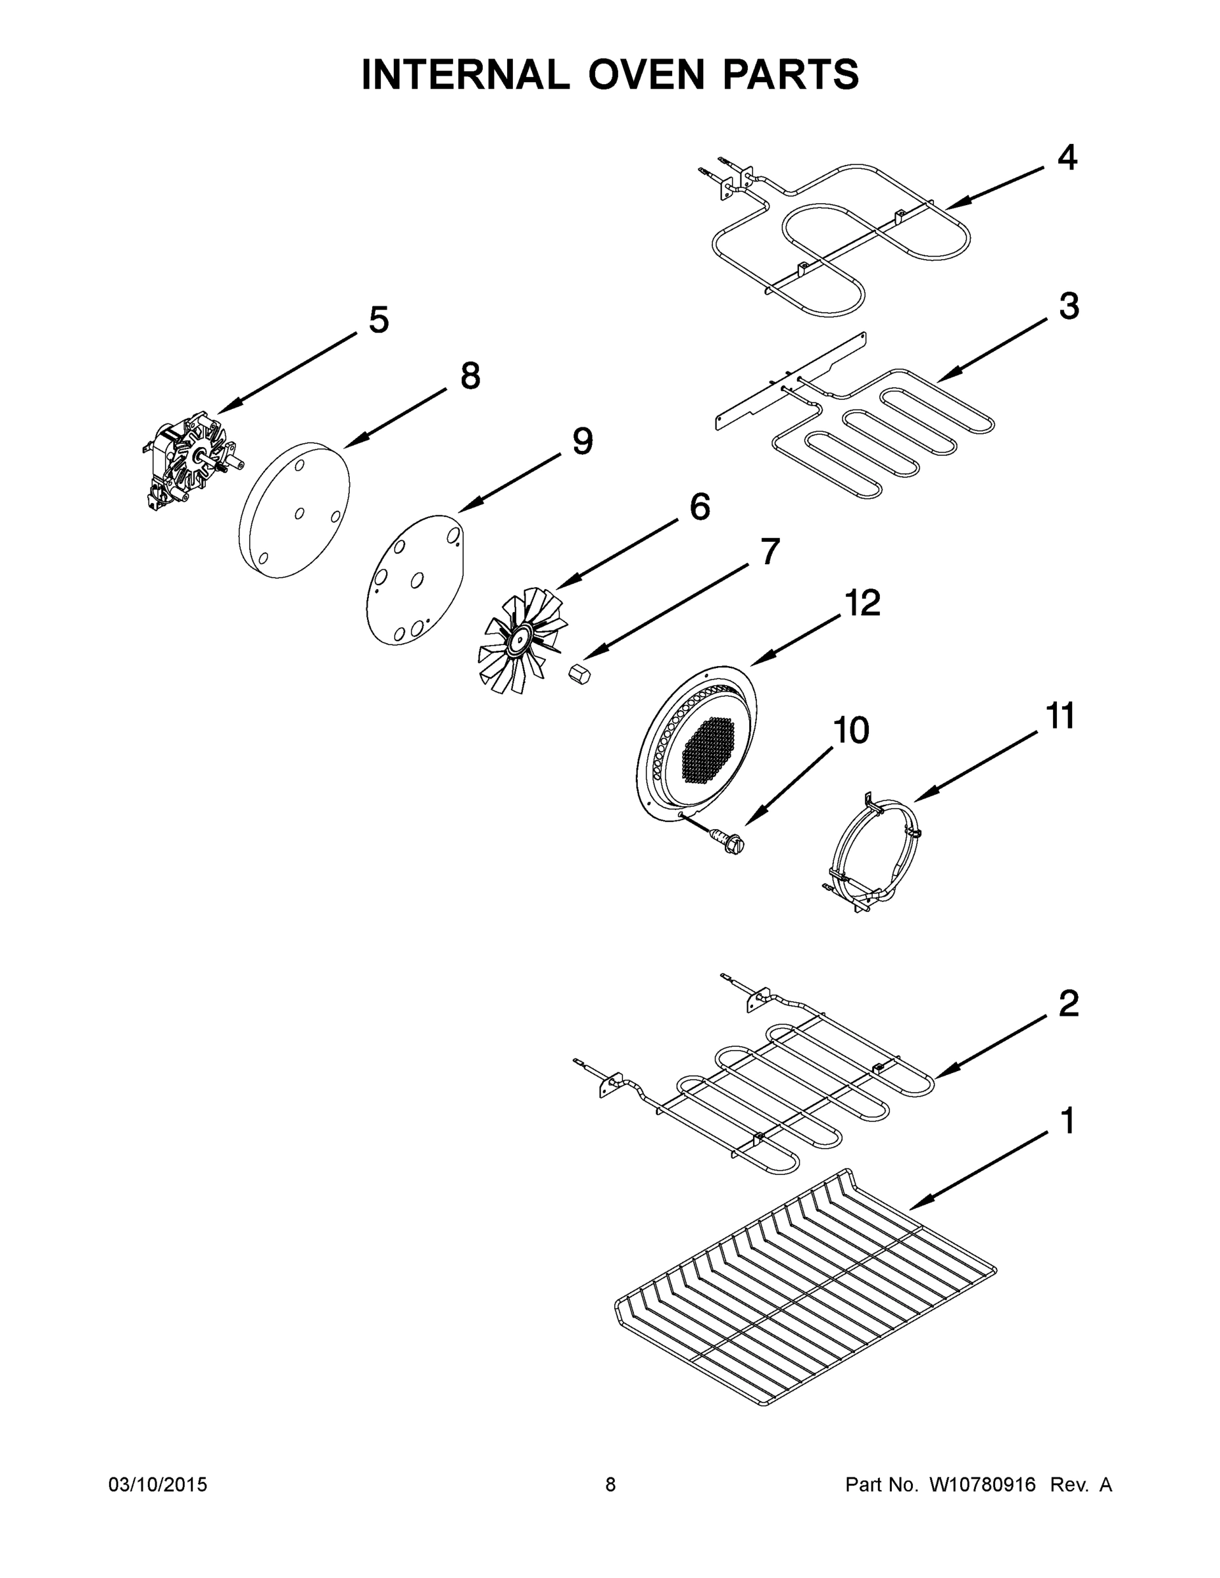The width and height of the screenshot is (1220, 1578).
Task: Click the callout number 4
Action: click(1067, 158)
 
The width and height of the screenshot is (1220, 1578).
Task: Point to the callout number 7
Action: click(769, 552)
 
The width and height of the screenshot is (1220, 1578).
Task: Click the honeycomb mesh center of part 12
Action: click(708, 752)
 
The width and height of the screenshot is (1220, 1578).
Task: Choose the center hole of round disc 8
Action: click(299, 513)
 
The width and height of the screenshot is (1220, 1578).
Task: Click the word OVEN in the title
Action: click(645, 74)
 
